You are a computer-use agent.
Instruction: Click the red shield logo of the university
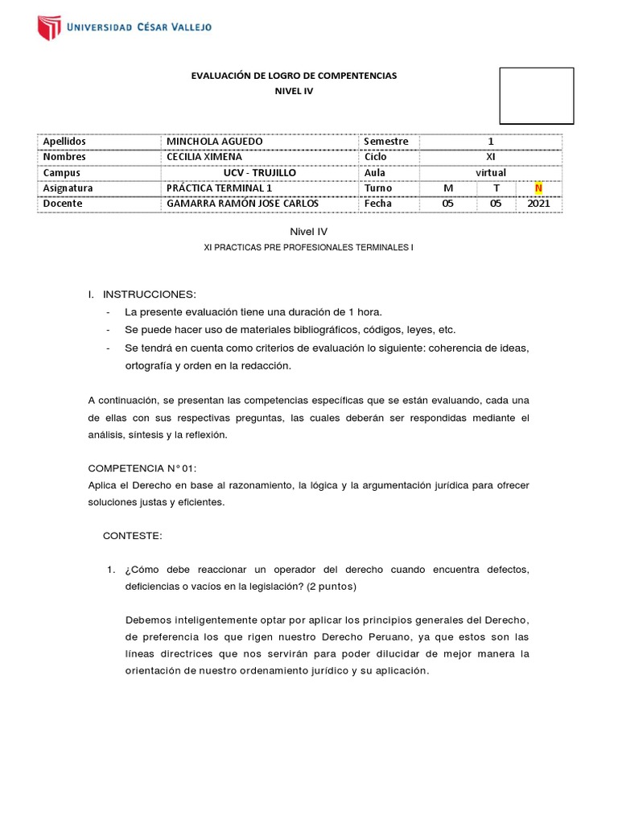click(49, 27)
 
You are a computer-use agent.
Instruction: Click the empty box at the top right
click(537, 96)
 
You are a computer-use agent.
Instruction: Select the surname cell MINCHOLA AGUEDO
click(214, 142)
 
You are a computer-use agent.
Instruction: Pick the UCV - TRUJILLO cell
click(259, 172)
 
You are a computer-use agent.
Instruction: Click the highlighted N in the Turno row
click(539, 188)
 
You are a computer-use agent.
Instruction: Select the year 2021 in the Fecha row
click(539, 204)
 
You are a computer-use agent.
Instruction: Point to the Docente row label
click(63, 204)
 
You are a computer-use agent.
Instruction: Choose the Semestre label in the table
click(386, 142)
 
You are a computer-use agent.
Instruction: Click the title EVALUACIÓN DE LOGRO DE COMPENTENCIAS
click(294, 76)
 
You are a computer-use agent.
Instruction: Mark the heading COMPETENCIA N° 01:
click(142, 468)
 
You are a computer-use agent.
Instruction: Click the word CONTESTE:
click(133, 535)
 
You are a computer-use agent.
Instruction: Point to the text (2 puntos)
click(326, 587)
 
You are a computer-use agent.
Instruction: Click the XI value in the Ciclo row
click(490, 157)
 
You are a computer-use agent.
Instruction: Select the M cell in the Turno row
click(448, 188)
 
